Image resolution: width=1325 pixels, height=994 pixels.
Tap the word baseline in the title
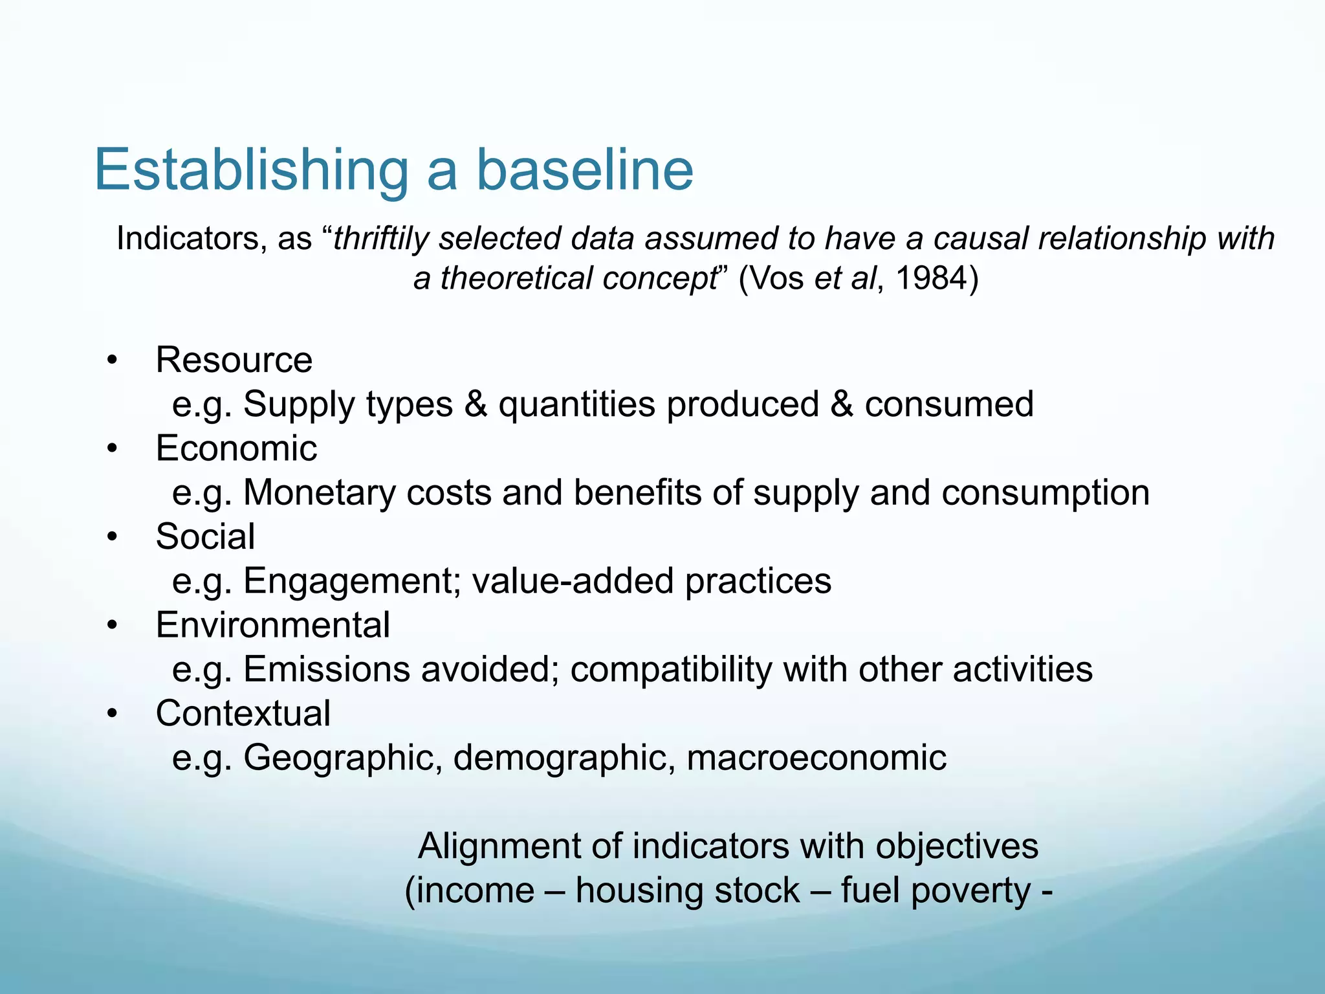pyautogui.click(x=585, y=170)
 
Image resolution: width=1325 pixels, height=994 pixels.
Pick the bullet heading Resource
pyautogui.click(x=234, y=360)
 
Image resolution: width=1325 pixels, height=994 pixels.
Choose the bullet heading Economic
pyautogui.click(x=236, y=448)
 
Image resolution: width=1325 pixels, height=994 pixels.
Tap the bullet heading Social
pyautogui.click(x=205, y=536)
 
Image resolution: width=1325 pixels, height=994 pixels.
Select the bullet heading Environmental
pyautogui.click(x=272, y=625)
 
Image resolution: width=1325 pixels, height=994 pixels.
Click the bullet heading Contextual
pyautogui.click(x=243, y=713)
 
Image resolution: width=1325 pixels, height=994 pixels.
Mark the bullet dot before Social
pyautogui.click(x=113, y=537)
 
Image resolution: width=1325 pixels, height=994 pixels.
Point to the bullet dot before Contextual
pyautogui.click(x=113, y=714)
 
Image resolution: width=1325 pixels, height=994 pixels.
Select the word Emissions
pyautogui.click(x=327, y=669)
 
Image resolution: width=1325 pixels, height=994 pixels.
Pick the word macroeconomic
pyautogui.click(x=816, y=758)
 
